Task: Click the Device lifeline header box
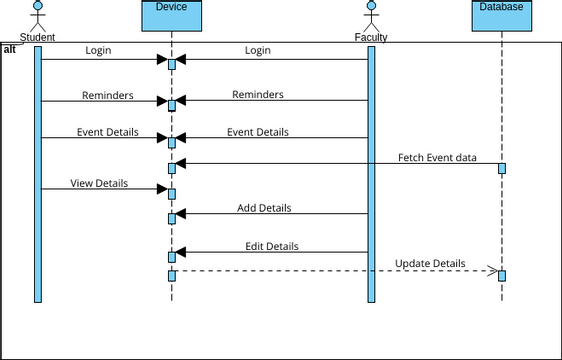[171, 14]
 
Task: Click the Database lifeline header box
[501, 14]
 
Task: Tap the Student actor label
[38, 38]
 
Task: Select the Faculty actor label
[371, 38]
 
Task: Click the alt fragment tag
[10, 48]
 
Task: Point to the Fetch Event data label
[437, 157]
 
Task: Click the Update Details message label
[430, 263]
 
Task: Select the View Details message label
[98, 183]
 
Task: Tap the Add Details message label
[271, 208]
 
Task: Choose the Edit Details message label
[271, 246]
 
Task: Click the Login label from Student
[98, 50]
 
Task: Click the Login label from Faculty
[257, 50]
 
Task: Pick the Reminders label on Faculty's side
[257, 95]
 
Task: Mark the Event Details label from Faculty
[257, 132]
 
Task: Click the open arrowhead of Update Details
[492, 270]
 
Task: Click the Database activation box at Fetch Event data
[501, 168]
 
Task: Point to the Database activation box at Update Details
[501, 275]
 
